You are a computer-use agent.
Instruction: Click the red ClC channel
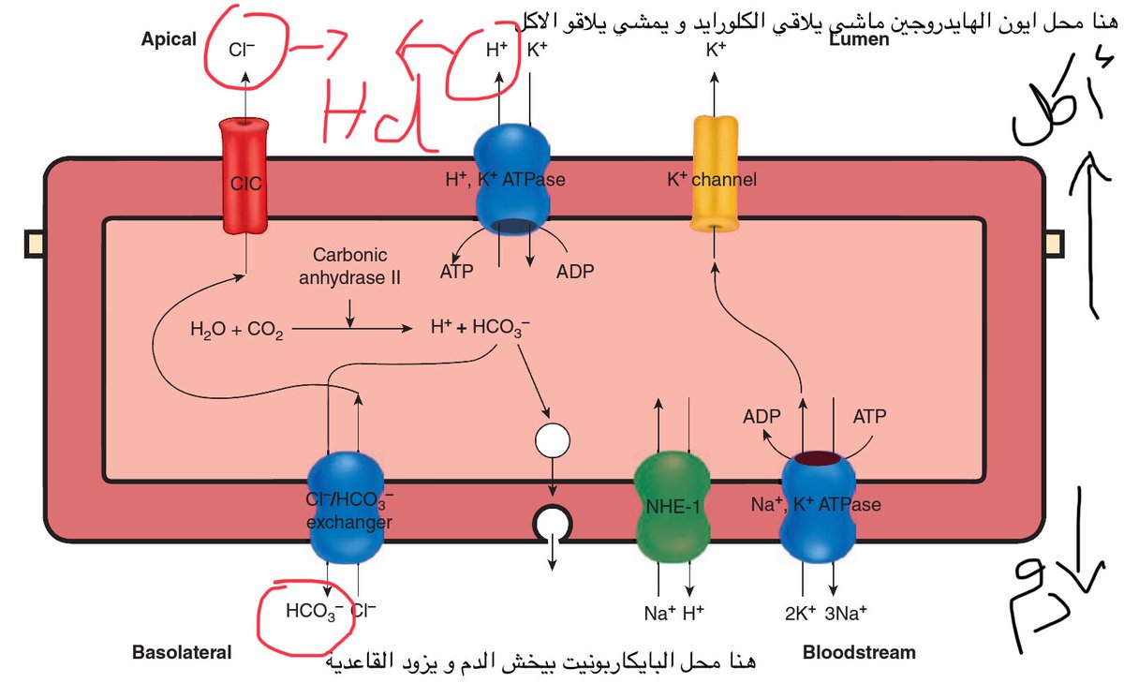tap(244, 178)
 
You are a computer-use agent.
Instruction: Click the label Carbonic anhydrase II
tap(349, 265)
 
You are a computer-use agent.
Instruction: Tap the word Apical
tap(169, 39)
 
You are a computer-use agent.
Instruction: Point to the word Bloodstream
tap(859, 652)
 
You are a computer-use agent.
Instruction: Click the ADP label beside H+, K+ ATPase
tap(575, 272)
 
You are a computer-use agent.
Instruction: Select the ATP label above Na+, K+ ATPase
tap(869, 415)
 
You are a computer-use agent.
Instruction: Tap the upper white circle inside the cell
tap(552, 439)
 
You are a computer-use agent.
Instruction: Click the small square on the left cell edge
tap(34, 245)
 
